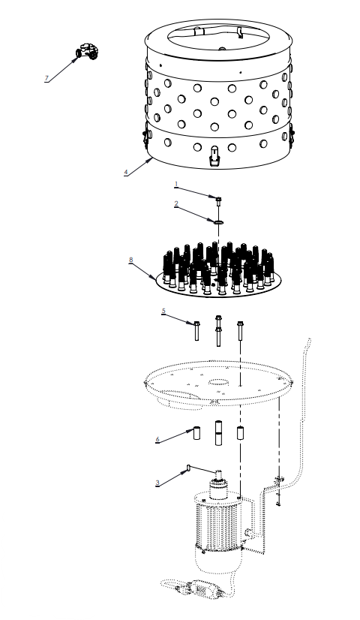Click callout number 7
click(46, 78)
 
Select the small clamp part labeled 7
click(88, 52)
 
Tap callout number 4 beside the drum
click(125, 172)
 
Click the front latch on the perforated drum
click(214, 156)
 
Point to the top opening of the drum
click(217, 35)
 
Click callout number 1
click(176, 183)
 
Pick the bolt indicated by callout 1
click(218, 200)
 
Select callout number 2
click(176, 203)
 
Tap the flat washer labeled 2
click(218, 221)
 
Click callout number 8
click(130, 260)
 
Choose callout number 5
click(163, 310)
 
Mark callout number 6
click(157, 439)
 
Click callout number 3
click(157, 483)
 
